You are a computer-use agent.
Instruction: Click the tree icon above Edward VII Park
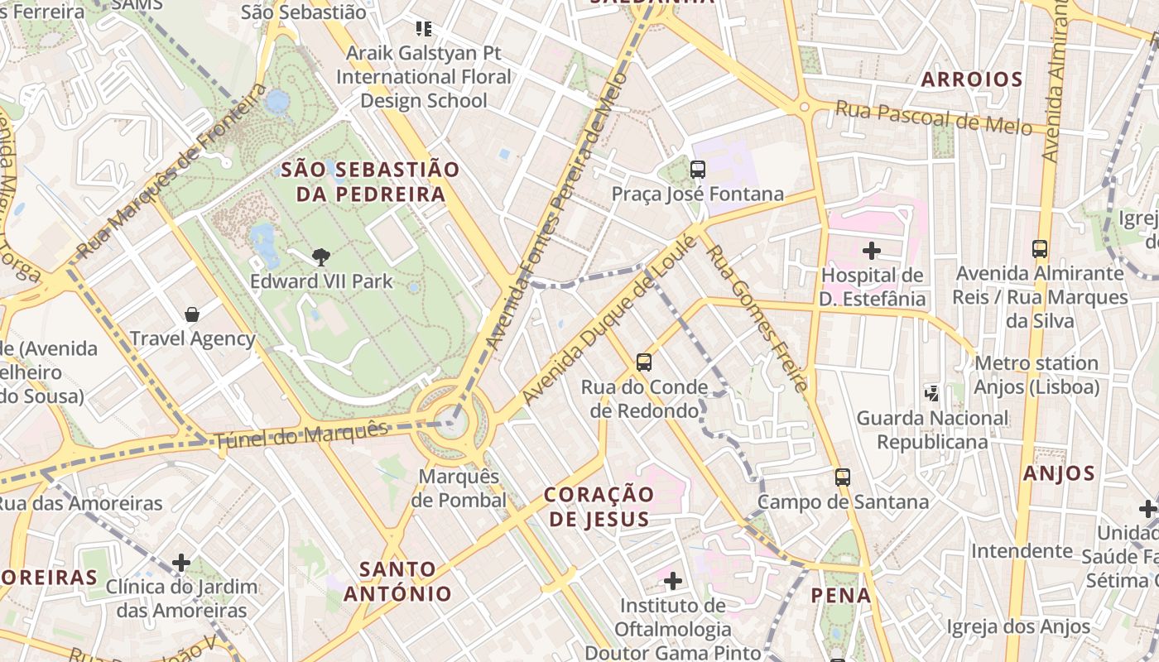click(x=321, y=257)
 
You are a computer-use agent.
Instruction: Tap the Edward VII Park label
click(x=321, y=281)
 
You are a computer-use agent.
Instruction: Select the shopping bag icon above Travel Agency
click(x=192, y=314)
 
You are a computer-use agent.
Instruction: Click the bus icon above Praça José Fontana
click(x=698, y=170)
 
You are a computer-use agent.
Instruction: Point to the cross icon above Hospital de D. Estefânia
click(x=872, y=250)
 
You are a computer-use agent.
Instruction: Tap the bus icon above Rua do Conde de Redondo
click(x=644, y=362)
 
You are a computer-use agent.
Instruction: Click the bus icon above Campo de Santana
click(x=843, y=477)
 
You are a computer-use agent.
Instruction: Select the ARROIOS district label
click(x=972, y=80)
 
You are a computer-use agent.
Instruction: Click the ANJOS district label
click(x=1059, y=473)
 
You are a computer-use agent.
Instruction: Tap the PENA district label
click(x=841, y=595)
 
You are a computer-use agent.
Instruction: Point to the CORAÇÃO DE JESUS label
click(x=599, y=506)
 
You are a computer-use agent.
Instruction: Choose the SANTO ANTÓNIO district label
click(x=398, y=581)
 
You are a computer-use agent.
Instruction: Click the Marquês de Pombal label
click(x=459, y=488)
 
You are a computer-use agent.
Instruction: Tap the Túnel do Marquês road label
click(x=301, y=434)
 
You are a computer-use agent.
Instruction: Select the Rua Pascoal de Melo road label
click(x=933, y=118)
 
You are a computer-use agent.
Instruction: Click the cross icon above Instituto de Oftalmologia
click(x=673, y=581)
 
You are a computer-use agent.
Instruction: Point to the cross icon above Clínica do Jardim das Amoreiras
click(x=181, y=564)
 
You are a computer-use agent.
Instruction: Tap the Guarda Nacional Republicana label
click(x=932, y=429)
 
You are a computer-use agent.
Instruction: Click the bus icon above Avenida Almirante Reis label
click(x=1040, y=248)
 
